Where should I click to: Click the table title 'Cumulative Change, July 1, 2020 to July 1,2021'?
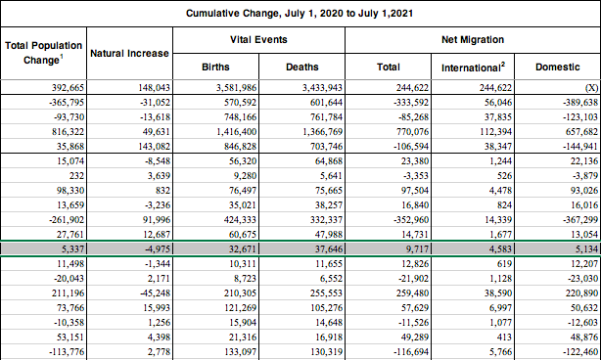tap(300, 14)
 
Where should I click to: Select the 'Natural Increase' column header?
tap(129, 53)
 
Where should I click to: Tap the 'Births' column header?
tap(215, 67)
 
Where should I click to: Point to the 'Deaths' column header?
tap(302, 67)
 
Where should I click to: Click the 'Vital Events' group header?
tap(258, 40)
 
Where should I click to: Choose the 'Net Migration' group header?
tap(473, 40)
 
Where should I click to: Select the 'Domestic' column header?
tap(558, 67)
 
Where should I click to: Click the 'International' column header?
tap(473, 67)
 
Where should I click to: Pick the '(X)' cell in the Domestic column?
tap(591, 88)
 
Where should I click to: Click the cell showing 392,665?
tap(68, 88)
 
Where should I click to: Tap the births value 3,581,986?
tap(236, 88)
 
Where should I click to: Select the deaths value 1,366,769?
tap(322, 132)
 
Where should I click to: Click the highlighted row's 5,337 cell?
tap(72, 248)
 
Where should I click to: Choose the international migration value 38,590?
tap(498, 292)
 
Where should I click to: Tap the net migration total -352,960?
tap(411, 220)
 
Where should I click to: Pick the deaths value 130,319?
tap(327, 351)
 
